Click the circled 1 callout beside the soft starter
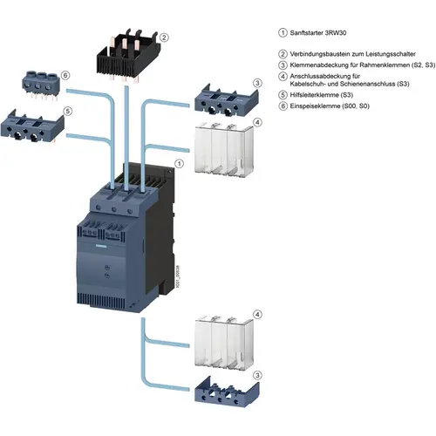point(179,163)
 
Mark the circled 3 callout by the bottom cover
point(256,374)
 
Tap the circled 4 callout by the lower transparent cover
point(256,313)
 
